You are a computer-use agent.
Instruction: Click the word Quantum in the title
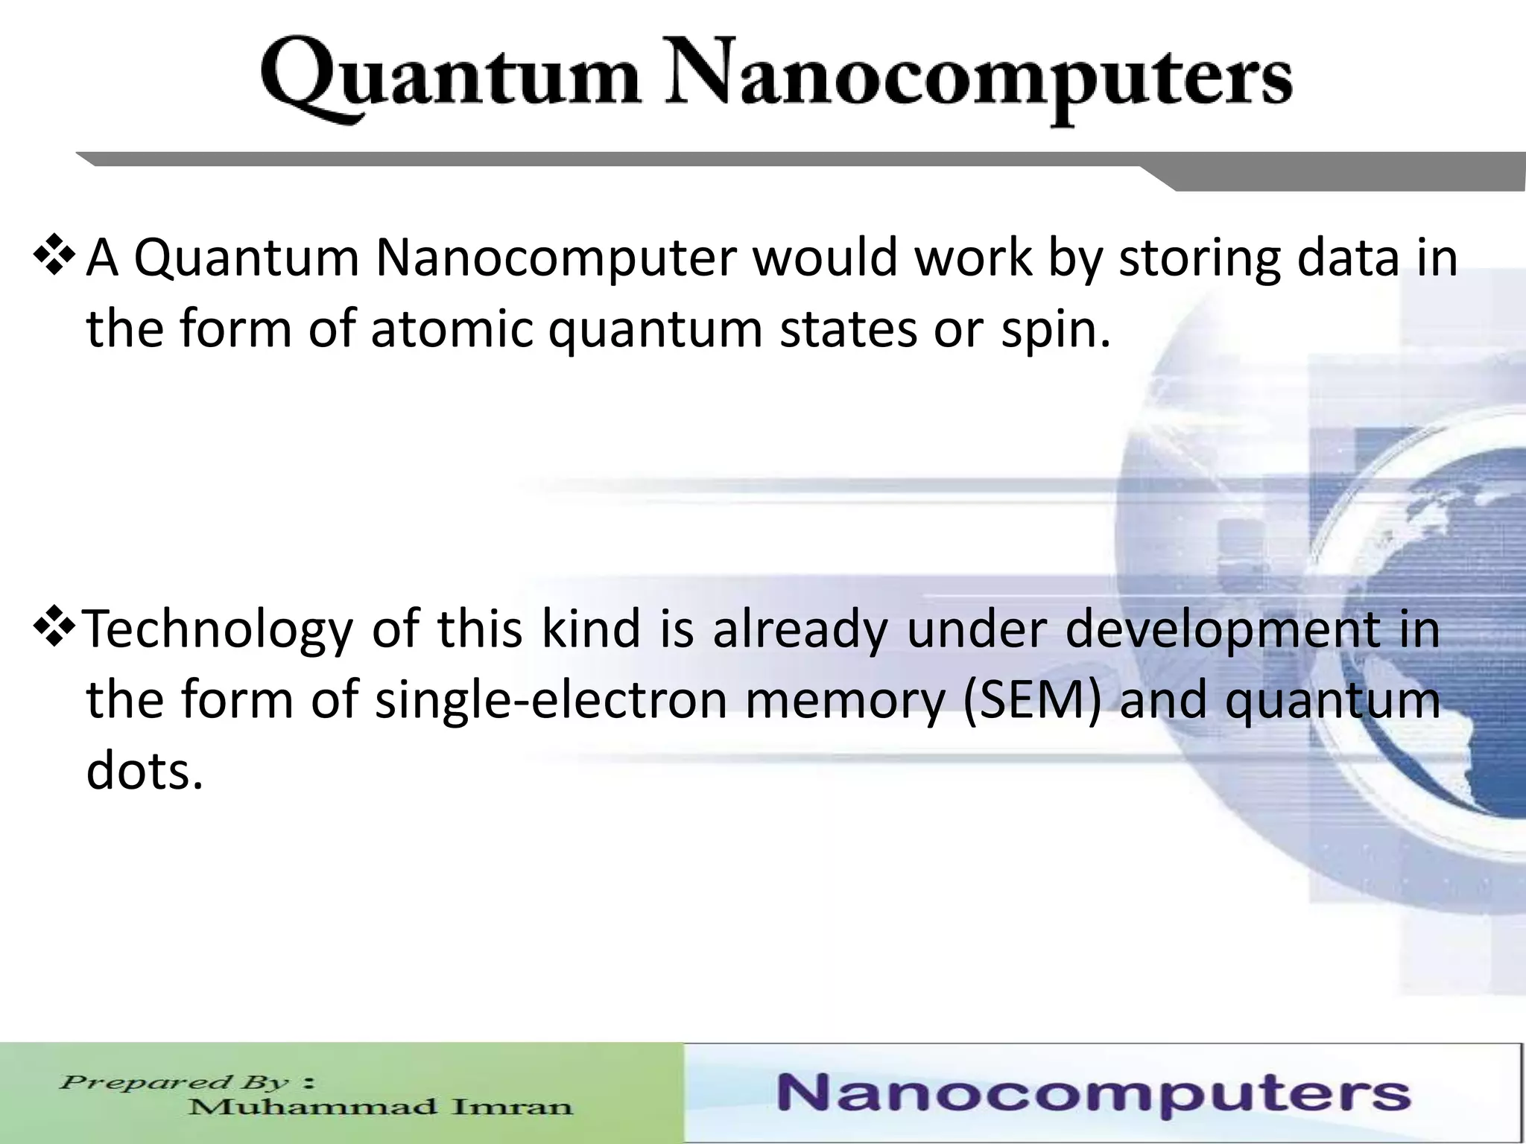pyautogui.click(x=451, y=80)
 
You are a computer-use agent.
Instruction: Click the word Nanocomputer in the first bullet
pyautogui.click(x=555, y=258)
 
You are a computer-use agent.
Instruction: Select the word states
pyautogui.click(x=848, y=329)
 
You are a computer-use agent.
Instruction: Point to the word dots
pyautogui.click(x=144, y=772)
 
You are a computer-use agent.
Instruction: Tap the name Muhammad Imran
pyautogui.click(x=380, y=1107)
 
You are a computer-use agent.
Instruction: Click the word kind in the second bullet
pyautogui.click(x=591, y=629)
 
